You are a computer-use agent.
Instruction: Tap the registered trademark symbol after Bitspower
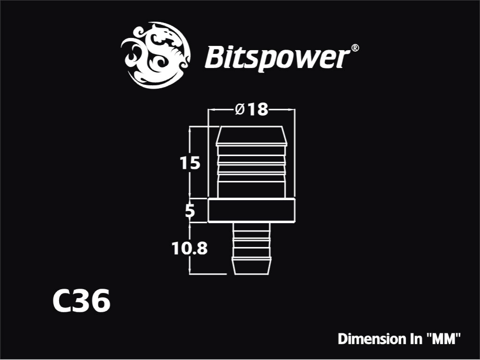point(354,48)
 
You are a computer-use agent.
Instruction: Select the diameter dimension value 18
point(258,109)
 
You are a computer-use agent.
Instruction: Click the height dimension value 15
point(190,163)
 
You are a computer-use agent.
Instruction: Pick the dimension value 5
point(190,211)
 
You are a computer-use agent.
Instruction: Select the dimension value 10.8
point(189,248)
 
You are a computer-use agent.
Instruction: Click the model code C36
point(81,300)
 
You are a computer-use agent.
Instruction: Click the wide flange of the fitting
point(251,210)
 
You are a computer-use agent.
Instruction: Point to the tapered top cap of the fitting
point(252,136)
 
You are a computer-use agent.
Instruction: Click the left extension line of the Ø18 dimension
point(208,153)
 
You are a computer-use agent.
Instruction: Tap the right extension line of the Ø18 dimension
point(294,153)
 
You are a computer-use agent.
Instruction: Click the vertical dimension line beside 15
point(190,162)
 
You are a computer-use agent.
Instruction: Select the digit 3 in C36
point(82,300)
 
